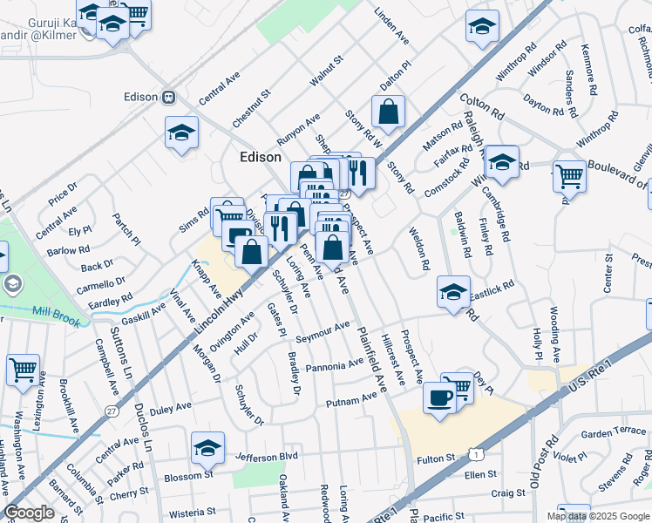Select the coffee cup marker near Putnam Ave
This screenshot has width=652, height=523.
click(439, 397)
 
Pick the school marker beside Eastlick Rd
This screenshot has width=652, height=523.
click(454, 293)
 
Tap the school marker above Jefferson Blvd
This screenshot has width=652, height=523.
click(207, 448)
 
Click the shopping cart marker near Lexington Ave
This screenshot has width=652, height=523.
click(22, 369)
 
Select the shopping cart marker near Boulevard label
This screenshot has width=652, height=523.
click(569, 175)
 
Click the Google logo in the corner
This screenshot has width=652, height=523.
click(30, 513)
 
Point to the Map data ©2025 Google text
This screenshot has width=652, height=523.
click(597, 516)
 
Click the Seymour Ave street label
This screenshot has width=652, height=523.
click(322, 333)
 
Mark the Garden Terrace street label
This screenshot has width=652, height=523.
click(614, 432)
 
